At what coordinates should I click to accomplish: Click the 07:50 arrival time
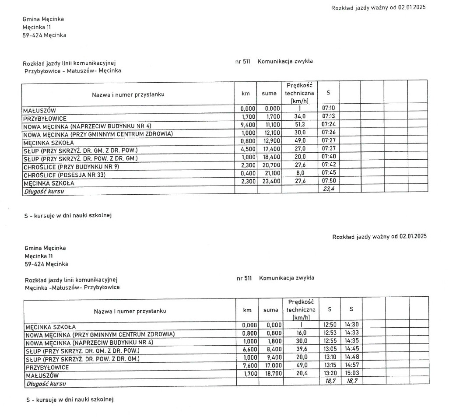point(328,183)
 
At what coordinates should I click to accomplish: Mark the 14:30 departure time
point(351,325)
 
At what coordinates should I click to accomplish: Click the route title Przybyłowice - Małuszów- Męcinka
point(73,70)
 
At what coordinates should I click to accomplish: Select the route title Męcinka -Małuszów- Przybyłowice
point(72,287)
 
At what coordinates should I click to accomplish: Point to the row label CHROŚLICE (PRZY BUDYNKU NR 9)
point(71,167)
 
